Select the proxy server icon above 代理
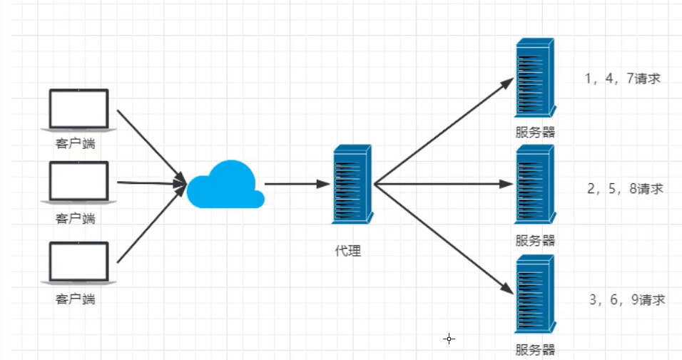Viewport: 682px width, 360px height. pos(352,184)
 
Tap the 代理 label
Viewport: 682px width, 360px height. pos(348,251)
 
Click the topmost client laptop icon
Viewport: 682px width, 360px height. pos(78,110)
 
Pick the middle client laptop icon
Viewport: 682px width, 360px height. pos(78,182)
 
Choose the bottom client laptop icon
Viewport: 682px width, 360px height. pos(78,262)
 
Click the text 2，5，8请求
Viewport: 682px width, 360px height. pos(625,189)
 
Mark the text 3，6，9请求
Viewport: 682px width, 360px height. pos(627,299)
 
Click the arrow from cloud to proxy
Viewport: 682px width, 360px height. pos(296,184)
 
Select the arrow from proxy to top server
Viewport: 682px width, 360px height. pos(442,132)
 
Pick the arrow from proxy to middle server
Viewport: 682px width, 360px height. pos(442,184)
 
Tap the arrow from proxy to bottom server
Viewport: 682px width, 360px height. pos(442,238)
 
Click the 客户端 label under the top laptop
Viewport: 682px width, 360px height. pos(75,144)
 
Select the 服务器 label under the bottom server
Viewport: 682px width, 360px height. pos(535,349)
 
